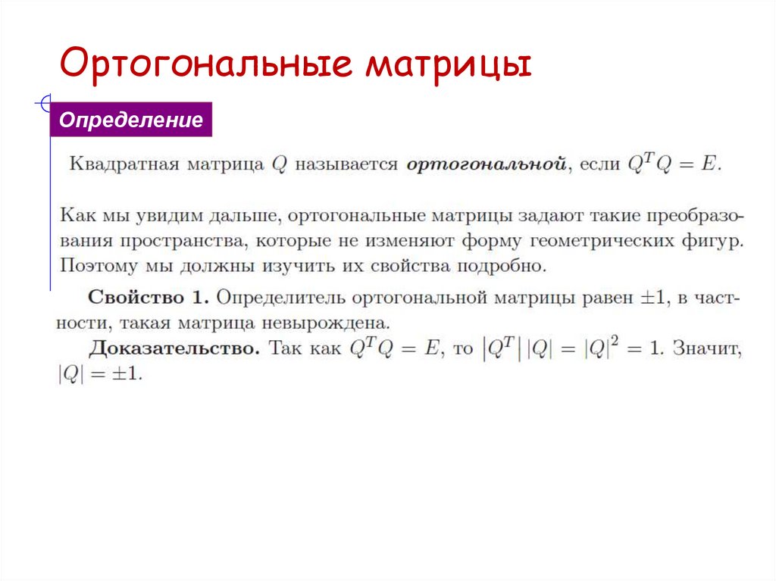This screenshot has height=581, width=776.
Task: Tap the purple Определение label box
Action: click(x=131, y=120)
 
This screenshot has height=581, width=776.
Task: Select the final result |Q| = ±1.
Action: click(x=99, y=374)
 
